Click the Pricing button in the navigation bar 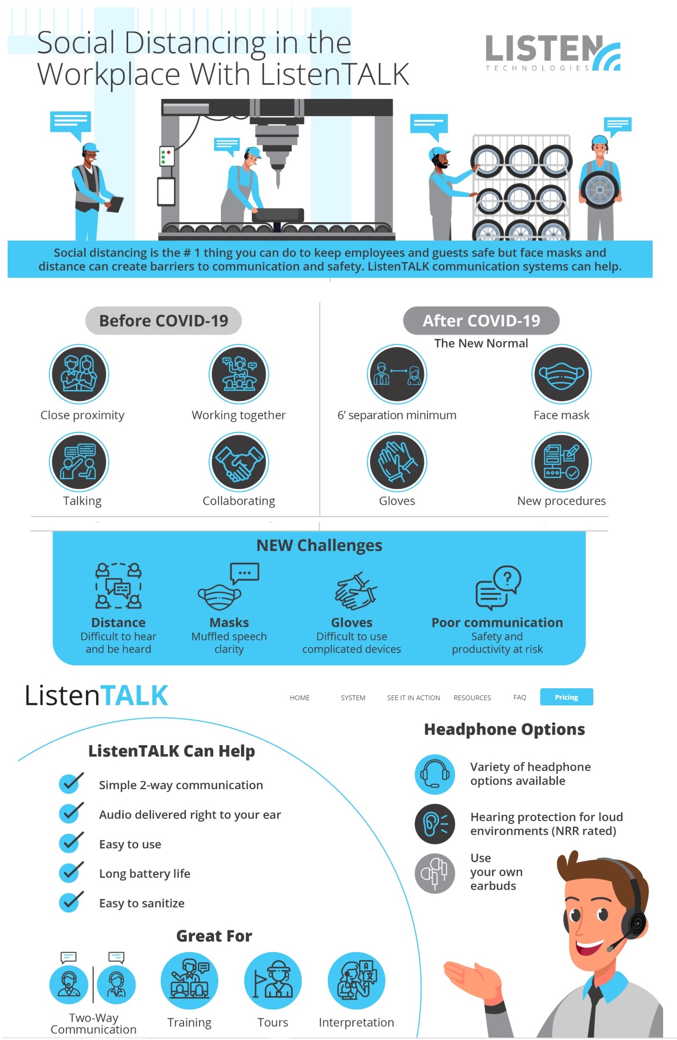[x=566, y=697]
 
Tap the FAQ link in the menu [x=519, y=697]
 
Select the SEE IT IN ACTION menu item [x=413, y=698]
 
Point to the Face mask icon [x=561, y=374]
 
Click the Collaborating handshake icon [x=239, y=462]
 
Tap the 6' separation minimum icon [x=397, y=374]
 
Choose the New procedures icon [x=561, y=462]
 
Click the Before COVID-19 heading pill [x=164, y=321]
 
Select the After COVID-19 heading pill [x=481, y=321]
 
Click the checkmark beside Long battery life [x=71, y=873]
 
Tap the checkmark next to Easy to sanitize [x=71, y=902]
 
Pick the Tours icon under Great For [x=273, y=981]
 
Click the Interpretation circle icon [x=356, y=981]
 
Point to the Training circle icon [x=189, y=981]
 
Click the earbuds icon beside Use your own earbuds [x=435, y=873]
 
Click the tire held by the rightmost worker [x=600, y=190]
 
